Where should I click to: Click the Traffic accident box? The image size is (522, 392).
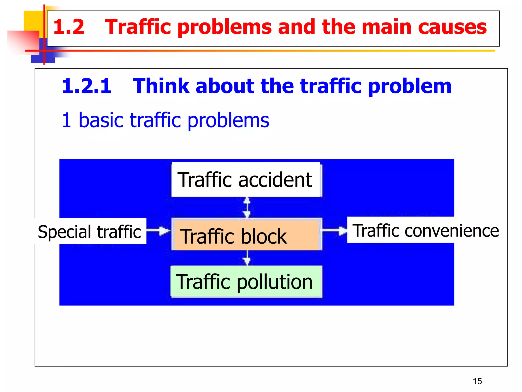click(246, 180)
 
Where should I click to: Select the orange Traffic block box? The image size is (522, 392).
click(246, 235)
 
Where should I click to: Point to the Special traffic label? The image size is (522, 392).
click(90, 231)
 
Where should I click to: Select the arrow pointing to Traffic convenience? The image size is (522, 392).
click(334, 231)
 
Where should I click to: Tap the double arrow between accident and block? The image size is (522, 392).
click(247, 207)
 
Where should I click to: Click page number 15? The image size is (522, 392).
click(477, 381)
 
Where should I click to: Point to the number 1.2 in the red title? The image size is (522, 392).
click(69, 27)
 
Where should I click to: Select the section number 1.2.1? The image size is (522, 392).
click(87, 86)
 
